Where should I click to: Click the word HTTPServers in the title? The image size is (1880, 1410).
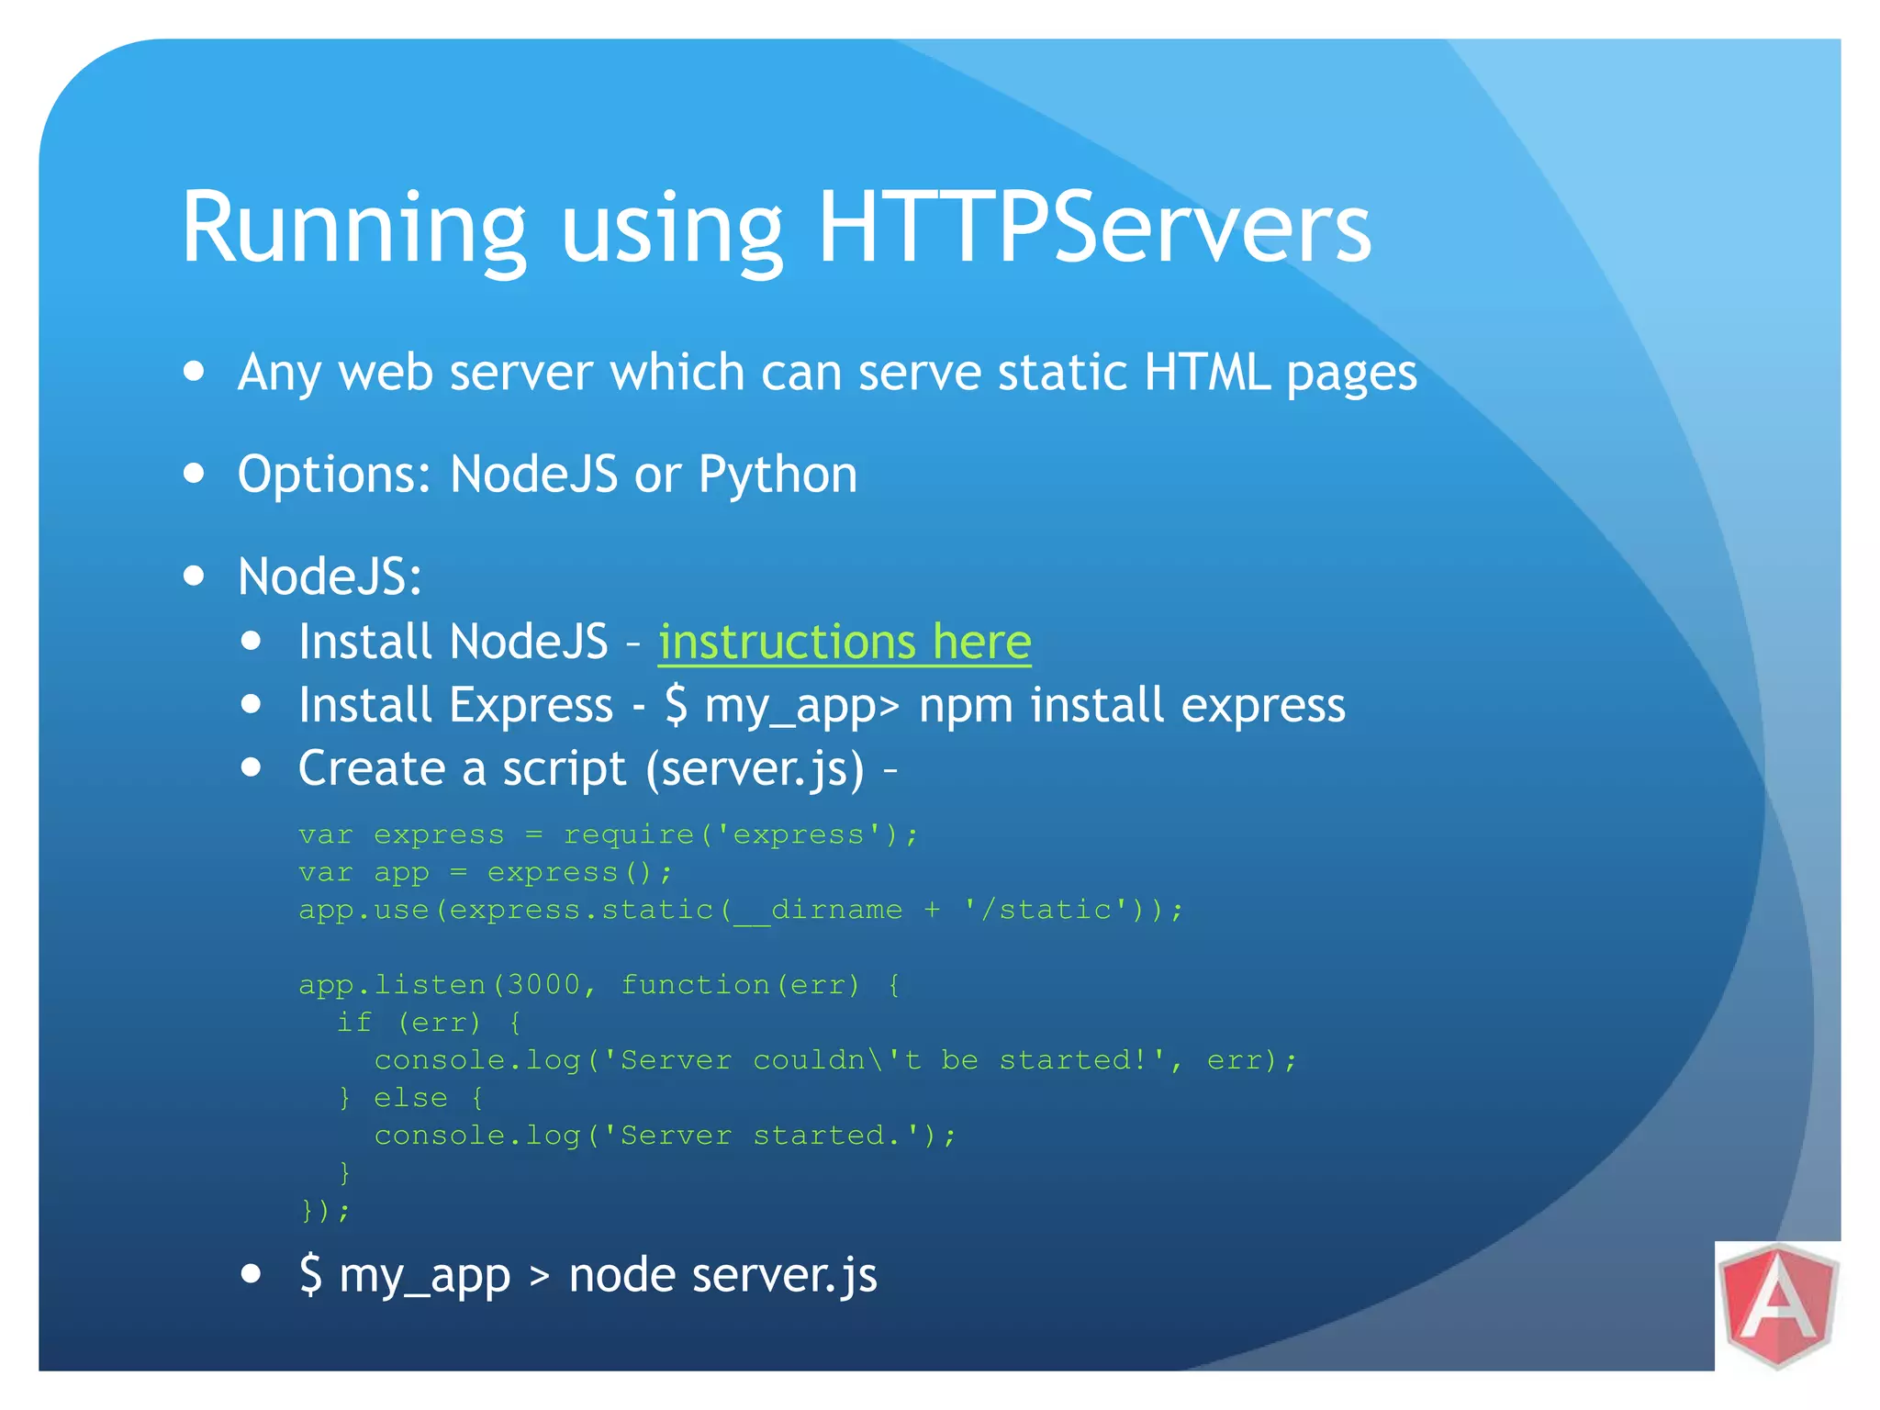pyautogui.click(x=1094, y=228)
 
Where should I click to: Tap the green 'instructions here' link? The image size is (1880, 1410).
pyautogui.click(x=845, y=642)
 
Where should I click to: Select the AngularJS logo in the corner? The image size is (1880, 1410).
pyautogui.click(x=1778, y=1306)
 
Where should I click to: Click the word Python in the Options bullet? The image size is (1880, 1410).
pyautogui.click(x=778, y=476)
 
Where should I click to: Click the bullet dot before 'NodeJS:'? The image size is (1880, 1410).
pyautogui.click(x=194, y=576)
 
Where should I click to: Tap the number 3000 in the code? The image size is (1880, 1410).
pyautogui.click(x=543, y=985)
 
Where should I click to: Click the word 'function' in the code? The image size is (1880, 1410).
pyautogui.click(x=696, y=985)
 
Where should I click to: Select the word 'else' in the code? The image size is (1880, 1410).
pyautogui.click(x=410, y=1098)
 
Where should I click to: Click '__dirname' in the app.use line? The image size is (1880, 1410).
pyautogui.click(x=818, y=910)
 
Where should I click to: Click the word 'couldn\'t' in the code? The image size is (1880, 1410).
pyautogui.click(x=836, y=1060)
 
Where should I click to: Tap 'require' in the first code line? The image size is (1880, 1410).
pyautogui.click(x=629, y=834)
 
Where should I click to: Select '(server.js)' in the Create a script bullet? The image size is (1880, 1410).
pyautogui.click(x=755, y=769)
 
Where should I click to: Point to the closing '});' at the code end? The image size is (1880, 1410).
pyautogui.click(x=326, y=1211)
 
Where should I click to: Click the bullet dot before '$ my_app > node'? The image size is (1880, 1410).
pyautogui.click(x=251, y=1274)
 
